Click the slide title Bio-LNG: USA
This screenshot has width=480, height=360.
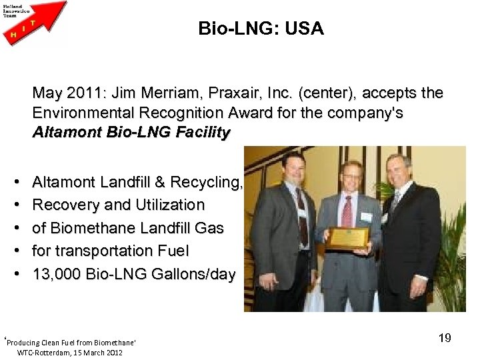pos(261,29)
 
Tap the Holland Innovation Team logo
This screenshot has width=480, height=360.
pos(35,22)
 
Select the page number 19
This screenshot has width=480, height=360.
pos(445,338)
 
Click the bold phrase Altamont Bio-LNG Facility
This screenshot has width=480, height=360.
pos(131,132)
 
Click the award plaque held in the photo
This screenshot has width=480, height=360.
pos(349,237)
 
